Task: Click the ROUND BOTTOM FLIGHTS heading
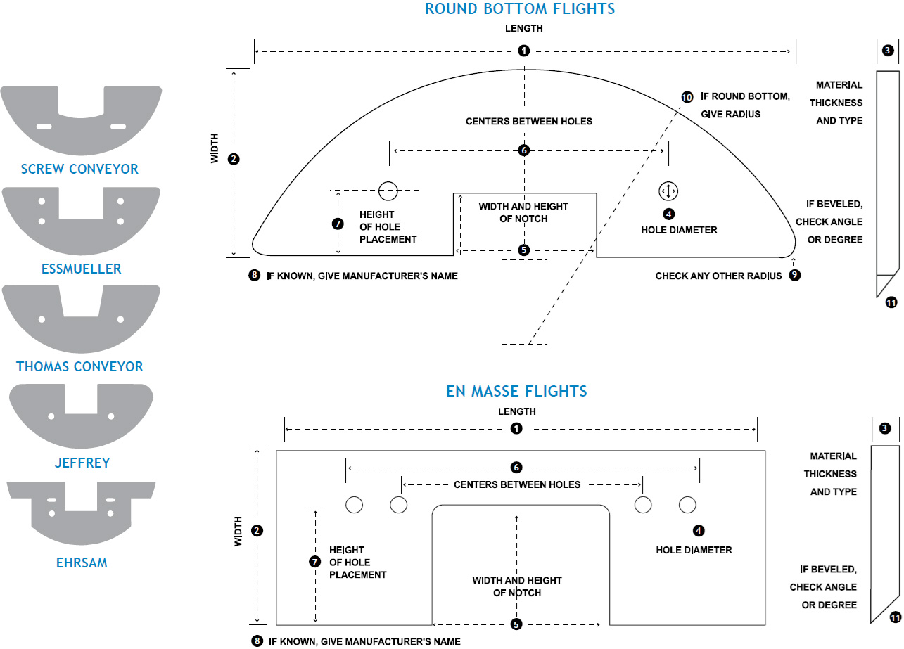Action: [x=520, y=9]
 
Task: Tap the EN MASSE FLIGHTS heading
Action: [x=516, y=391]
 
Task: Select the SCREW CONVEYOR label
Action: [x=79, y=169]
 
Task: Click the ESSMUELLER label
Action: [x=80, y=269]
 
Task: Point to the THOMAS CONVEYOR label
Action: [x=79, y=366]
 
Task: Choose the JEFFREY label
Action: [x=82, y=463]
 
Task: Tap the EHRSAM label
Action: [x=82, y=563]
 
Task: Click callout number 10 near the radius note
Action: [x=687, y=97]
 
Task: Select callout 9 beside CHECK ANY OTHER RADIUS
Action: [x=794, y=276]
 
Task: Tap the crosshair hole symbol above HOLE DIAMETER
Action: [x=668, y=191]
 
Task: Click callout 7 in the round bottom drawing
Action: [x=337, y=224]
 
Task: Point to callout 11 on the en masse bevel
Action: [x=896, y=617]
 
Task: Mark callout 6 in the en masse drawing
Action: [x=516, y=468]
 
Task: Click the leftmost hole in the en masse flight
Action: [x=354, y=504]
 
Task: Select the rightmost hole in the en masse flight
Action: [x=687, y=504]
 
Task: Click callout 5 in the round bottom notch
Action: [x=523, y=250]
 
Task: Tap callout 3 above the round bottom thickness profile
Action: [x=888, y=51]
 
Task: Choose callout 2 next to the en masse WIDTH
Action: [x=257, y=531]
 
